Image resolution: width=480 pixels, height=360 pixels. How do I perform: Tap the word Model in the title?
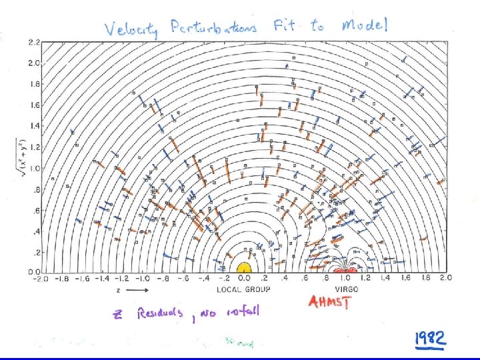(364, 25)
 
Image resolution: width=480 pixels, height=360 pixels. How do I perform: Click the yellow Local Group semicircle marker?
(243, 267)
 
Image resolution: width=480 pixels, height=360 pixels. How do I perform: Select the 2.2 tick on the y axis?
(33, 42)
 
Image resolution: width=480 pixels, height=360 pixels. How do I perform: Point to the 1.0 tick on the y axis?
(33, 168)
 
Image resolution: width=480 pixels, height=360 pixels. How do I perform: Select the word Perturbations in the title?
(213, 28)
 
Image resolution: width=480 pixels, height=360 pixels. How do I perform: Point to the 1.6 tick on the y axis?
(33, 105)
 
